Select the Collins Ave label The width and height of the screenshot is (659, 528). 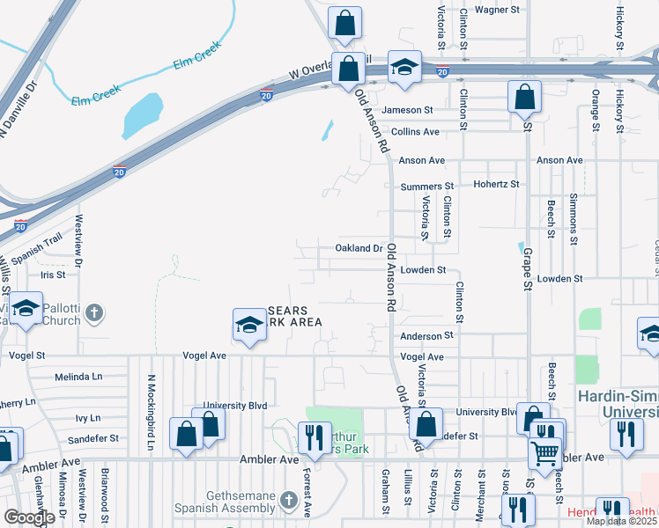point(415,132)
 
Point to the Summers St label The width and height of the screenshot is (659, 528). point(426,187)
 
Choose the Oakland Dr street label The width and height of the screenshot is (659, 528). point(359,248)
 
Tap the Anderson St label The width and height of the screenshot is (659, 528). point(426,335)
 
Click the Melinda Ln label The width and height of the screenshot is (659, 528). point(78,376)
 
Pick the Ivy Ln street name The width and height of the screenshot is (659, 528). point(88,418)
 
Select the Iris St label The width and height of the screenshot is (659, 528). point(54,275)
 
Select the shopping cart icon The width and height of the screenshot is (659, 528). point(545,452)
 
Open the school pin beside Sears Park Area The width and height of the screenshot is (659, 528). point(249,326)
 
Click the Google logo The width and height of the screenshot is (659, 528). point(28,517)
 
